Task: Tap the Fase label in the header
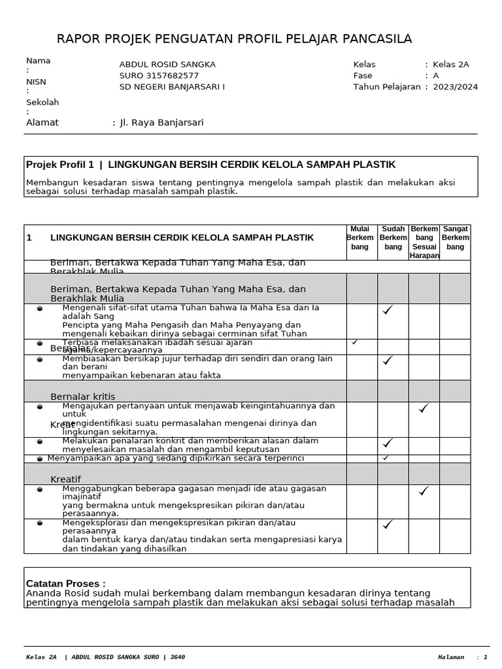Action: [363, 76]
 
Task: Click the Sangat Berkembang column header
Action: [455, 238]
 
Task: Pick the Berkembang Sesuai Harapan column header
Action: [424, 242]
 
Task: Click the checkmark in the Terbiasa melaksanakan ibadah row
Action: [355, 342]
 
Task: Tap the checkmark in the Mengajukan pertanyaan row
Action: [424, 408]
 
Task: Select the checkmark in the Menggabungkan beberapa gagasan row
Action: [424, 491]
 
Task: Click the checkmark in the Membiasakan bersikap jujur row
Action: [388, 360]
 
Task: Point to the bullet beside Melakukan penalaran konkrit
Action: [40, 442]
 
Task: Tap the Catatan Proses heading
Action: [65, 583]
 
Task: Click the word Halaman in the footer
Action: [450, 657]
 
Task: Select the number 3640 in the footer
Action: [178, 657]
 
